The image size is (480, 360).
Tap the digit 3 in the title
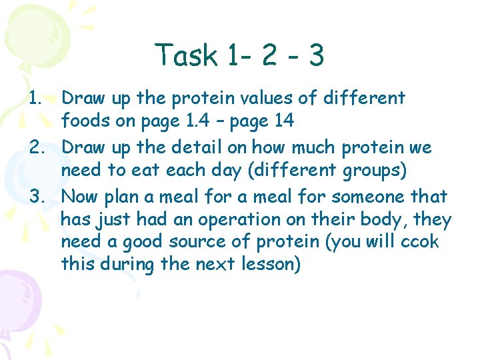tap(316, 55)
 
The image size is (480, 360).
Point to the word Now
tap(79, 197)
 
